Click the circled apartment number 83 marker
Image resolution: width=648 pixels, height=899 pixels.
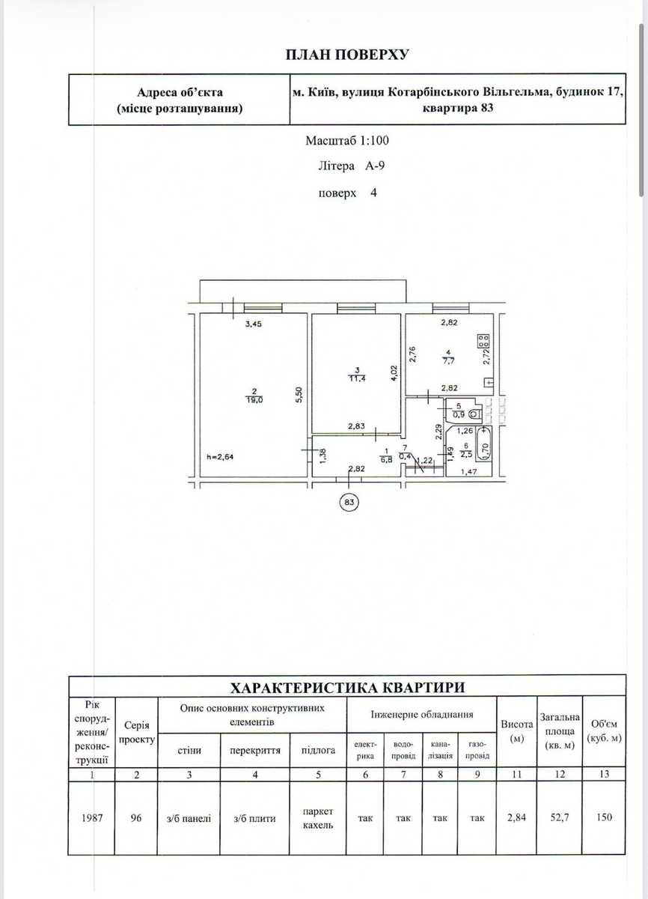[349, 502]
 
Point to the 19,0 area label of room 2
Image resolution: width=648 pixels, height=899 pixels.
[254, 399]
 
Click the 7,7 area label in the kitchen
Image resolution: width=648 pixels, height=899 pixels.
[448, 361]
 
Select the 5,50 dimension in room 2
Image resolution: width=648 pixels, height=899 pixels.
[299, 394]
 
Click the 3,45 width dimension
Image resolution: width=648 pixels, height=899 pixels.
[253, 324]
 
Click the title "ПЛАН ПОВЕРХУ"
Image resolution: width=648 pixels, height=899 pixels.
[347, 55]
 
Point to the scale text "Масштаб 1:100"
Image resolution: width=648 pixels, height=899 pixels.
[347, 141]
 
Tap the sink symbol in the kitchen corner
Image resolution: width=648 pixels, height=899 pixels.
[489, 383]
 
